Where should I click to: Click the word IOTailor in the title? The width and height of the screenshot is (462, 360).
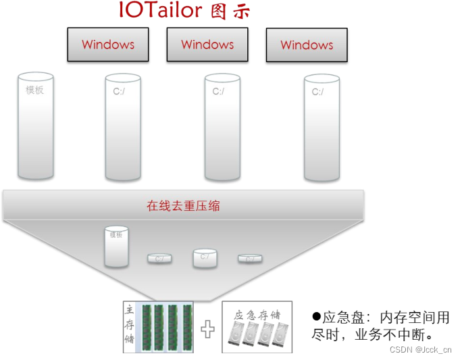pos(160,11)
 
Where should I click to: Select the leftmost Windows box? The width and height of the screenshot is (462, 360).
pos(108,45)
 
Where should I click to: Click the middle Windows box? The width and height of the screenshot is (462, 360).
pos(207,45)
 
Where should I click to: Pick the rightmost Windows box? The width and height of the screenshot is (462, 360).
pos(307,45)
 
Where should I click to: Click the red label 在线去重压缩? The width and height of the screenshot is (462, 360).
pos(184,206)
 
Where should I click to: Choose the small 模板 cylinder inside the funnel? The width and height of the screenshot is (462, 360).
pos(116,247)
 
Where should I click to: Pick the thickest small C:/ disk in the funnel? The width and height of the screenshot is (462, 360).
pos(205,257)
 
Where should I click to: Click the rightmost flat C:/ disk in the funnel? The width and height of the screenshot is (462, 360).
pos(250,258)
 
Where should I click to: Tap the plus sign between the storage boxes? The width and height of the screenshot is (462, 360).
pos(208,329)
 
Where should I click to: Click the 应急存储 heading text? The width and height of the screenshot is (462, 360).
pos(257,315)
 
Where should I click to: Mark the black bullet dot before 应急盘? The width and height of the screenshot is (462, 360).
pos(315,316)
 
